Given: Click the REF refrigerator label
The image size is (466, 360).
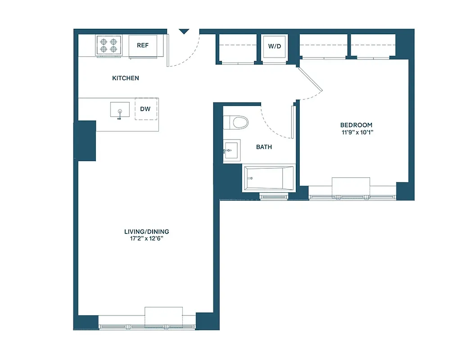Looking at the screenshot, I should click(x=143, y=45).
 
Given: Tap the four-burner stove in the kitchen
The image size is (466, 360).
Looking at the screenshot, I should click(x=109, y=45).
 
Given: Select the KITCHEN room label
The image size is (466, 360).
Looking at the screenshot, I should click(x=126, y=78).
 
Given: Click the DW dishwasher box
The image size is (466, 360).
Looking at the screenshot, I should click(x=145, y=109).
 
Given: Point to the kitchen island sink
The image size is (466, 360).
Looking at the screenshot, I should click(x=120, y=110).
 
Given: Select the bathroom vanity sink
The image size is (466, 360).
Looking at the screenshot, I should click(x=231, y=149).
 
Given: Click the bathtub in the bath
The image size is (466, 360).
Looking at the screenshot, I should click(x=268, y=178).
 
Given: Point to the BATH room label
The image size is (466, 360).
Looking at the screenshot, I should click(x=264, y=147).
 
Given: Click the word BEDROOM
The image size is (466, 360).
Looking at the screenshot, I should click(x=356, y=125).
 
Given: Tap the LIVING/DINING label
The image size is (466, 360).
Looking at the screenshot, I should click(x=147, y=232).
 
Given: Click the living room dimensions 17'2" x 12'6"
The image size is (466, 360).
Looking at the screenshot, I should click(x=147, y=239).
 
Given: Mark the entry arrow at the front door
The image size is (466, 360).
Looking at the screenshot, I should click(x=184, y=31).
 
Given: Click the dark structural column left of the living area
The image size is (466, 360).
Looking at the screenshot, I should click(x=86, y=140).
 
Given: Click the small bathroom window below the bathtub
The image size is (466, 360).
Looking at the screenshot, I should click(x=274, y=196).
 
